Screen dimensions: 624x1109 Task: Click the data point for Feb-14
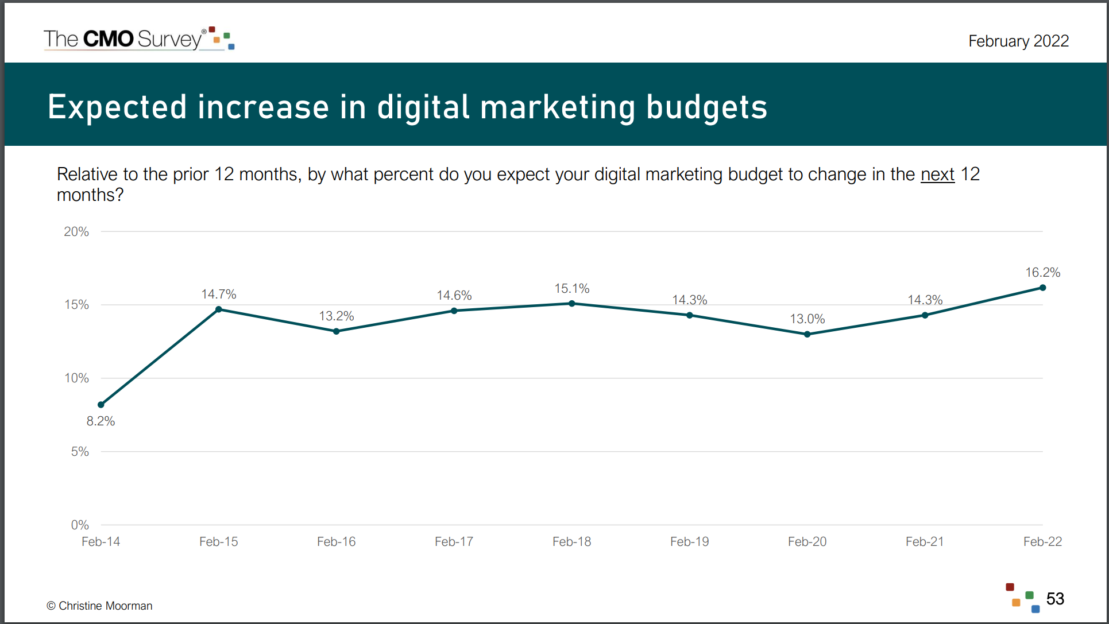click(101, 405)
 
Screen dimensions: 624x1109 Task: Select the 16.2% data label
click(1042, 272)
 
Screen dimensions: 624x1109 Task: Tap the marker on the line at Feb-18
click(571, 304)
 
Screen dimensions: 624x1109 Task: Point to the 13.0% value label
click(807, 319)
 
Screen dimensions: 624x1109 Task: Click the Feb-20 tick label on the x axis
click(807, 541)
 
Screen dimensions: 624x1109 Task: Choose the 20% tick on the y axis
click(76, 231)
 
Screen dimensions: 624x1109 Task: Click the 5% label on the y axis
click(80, 451)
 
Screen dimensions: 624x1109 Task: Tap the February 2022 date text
click(1018, 41)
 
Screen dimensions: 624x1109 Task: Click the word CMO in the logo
click(108, 39)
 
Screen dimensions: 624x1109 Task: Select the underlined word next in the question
click(937, 174)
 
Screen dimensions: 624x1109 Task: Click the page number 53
click(1055, 599)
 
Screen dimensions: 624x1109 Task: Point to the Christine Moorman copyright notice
click(99, 606)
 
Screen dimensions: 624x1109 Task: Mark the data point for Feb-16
click(337, 331)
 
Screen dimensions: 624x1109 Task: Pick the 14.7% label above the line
click(218, 294)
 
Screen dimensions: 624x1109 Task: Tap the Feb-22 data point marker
click(1042, 288)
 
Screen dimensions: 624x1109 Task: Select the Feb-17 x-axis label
click(454, 541)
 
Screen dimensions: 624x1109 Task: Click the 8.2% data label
click(101, 421)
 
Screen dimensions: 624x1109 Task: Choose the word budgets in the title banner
click(706, 107)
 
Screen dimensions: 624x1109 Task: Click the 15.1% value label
click(571, 288)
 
